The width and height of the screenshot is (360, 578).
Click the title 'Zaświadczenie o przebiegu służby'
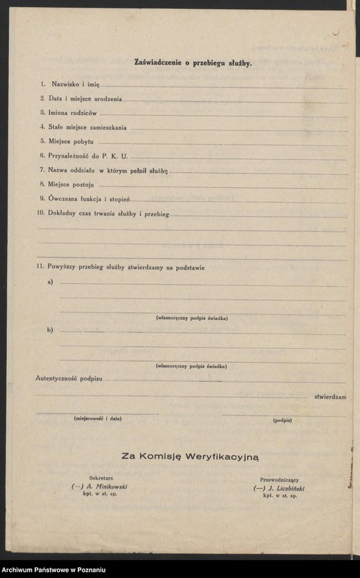[x=193, y=63]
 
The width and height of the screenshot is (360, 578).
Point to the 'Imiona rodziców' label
[x=72, y=113]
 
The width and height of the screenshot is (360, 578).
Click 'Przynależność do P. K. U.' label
[x=88, y=156]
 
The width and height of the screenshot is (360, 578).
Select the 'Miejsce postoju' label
[x=72, y=184]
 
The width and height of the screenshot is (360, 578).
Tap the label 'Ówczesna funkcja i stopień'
[x=84, y=199]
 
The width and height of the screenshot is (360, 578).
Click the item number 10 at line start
[x=41, y=213]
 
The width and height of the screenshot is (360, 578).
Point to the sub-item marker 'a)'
[x=50, y=283]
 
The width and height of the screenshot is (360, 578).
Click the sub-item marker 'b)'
[x=50, y=330]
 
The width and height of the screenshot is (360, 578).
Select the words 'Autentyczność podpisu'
[x=70, y=378]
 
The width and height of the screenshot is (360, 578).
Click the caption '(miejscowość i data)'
[x=98, y=418]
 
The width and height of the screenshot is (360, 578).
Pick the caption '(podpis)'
[x=282, y=420]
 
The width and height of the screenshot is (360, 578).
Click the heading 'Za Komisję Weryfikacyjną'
[x=190, y=456]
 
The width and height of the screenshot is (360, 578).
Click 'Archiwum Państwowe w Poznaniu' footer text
[x=54, y=570]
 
